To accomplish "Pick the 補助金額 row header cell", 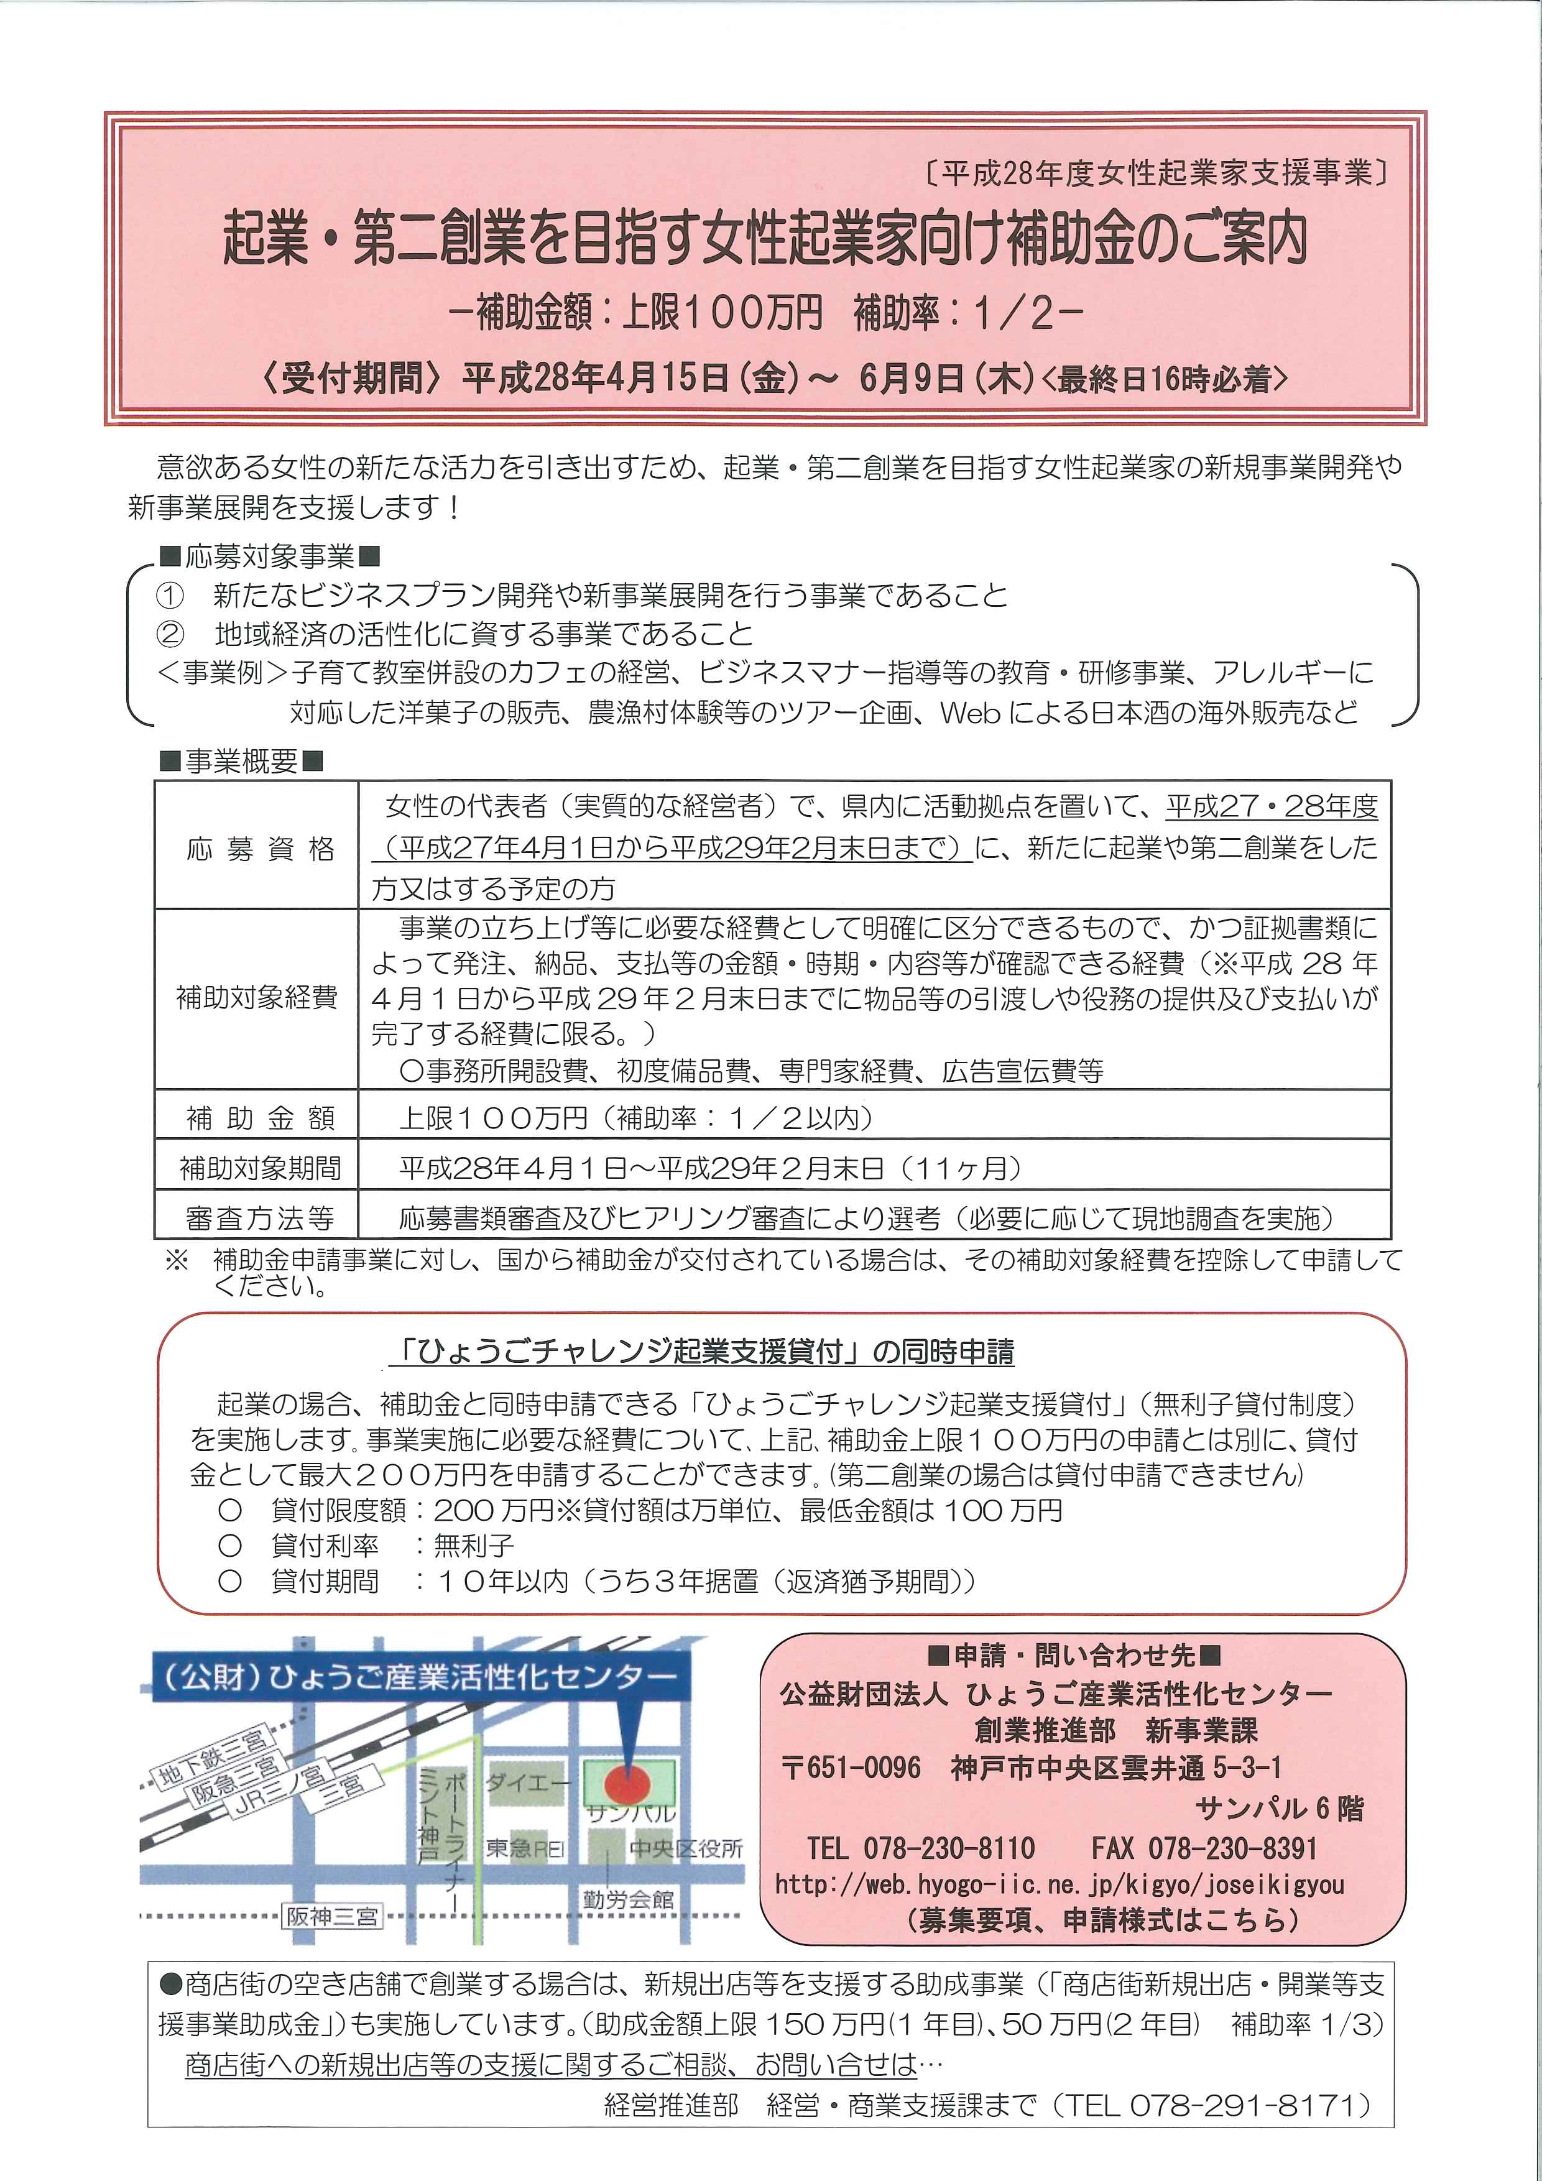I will click(259, 1118).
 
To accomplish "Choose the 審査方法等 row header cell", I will click(259, 1218).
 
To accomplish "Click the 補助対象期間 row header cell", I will click(259, 1168).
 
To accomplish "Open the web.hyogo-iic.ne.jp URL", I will click(1060, 1884).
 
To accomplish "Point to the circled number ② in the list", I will click(170, 634).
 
